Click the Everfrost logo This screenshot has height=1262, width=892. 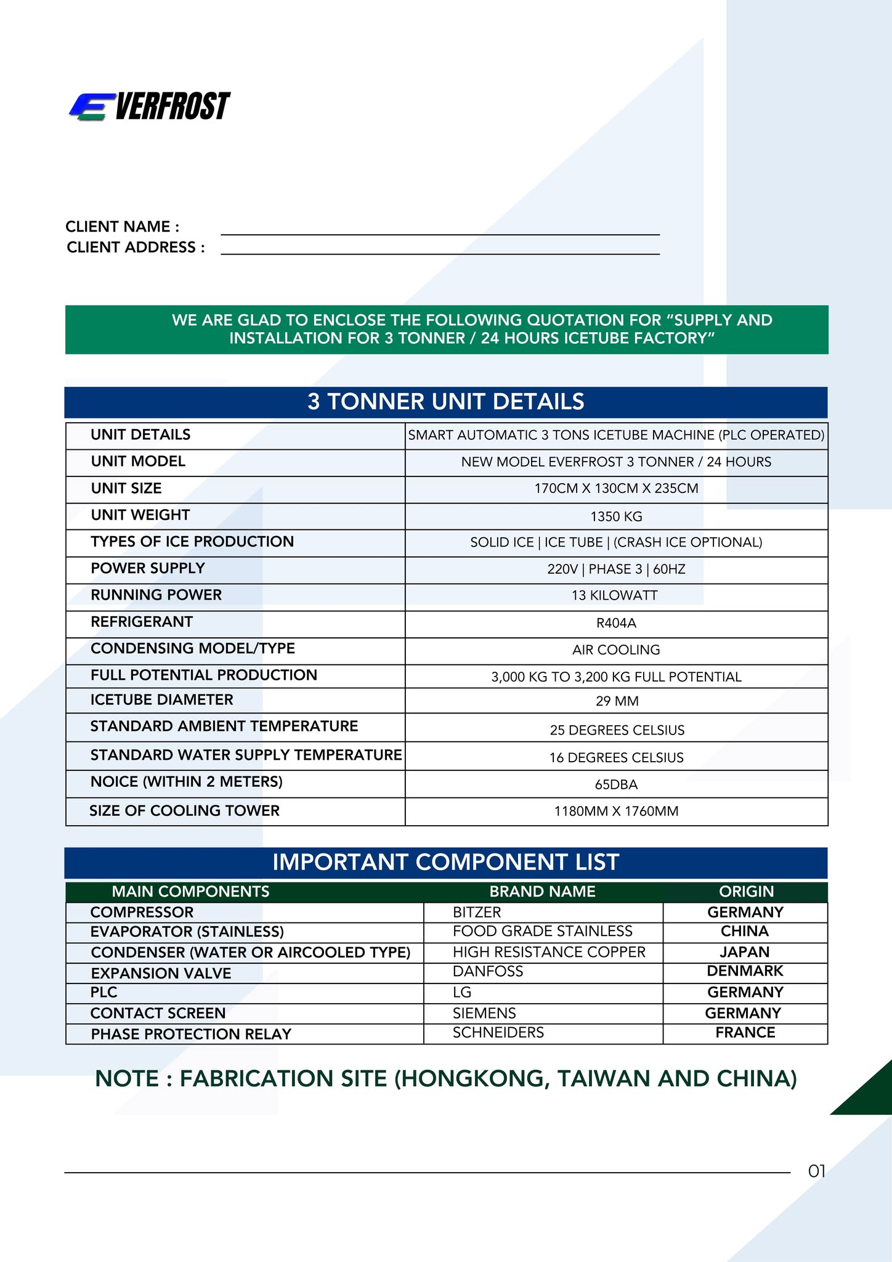150,106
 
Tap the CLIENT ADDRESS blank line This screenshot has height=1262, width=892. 440,250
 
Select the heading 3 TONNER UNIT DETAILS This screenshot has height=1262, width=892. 445,402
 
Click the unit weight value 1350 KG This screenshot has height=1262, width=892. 616,516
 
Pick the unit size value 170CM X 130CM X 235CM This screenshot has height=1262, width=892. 616,489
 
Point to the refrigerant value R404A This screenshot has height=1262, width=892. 616,624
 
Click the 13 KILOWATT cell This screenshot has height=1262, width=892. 616,596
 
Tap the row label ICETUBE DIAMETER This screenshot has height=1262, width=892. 162,700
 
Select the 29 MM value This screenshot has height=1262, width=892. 616,701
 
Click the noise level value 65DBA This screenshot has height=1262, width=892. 616,785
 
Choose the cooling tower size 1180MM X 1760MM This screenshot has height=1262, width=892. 616,812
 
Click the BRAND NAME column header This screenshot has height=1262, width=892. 542,892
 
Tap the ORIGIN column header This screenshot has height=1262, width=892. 746,892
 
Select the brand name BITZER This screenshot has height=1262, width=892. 477,913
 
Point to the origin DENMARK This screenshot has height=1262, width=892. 745,972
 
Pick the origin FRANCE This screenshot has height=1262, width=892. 745,1033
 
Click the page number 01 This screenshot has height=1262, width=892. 816,1171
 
